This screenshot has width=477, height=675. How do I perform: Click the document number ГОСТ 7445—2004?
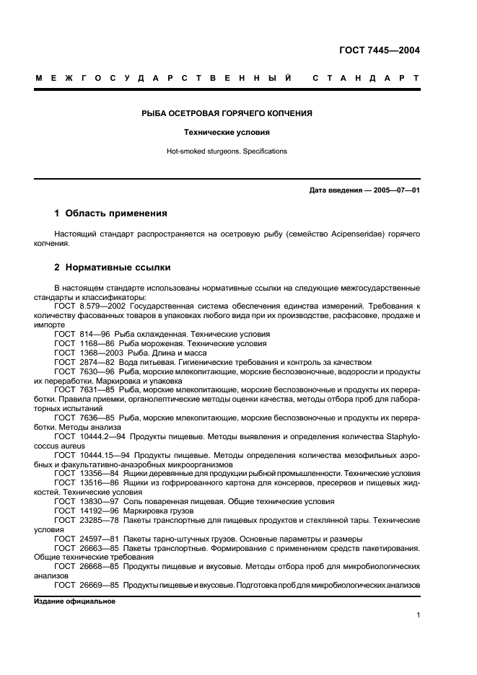tap(379, 50)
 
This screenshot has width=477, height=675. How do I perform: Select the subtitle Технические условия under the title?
tap(226, 133)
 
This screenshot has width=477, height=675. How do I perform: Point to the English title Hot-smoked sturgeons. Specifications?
tap(226, 151)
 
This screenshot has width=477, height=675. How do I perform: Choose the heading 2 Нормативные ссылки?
tap(112, 268)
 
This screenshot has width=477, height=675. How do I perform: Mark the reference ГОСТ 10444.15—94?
tap(91, 455)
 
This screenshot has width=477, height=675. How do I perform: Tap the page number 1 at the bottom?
tap(419, 615)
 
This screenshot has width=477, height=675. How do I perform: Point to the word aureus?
tap(71, 446)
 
